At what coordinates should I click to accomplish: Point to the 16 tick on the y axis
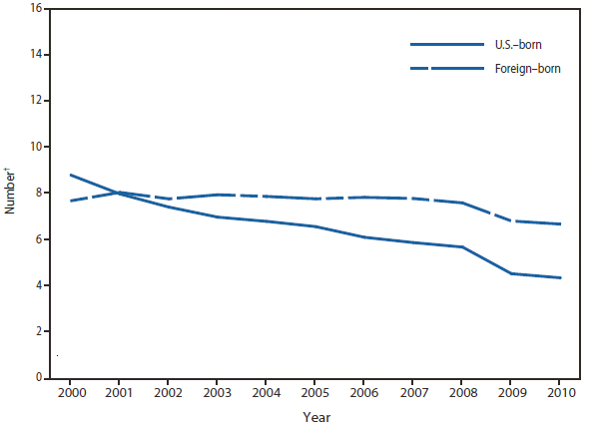pos(37,8)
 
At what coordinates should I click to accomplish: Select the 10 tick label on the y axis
pos(37,147)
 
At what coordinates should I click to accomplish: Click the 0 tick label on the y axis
pos(40,378)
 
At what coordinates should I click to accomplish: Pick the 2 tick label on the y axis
pos(40,332)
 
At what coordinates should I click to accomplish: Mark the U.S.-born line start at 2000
pos(70,175)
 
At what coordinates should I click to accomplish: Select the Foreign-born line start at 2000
pos(70,201)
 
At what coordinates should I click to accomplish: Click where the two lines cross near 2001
pos(117,193)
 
